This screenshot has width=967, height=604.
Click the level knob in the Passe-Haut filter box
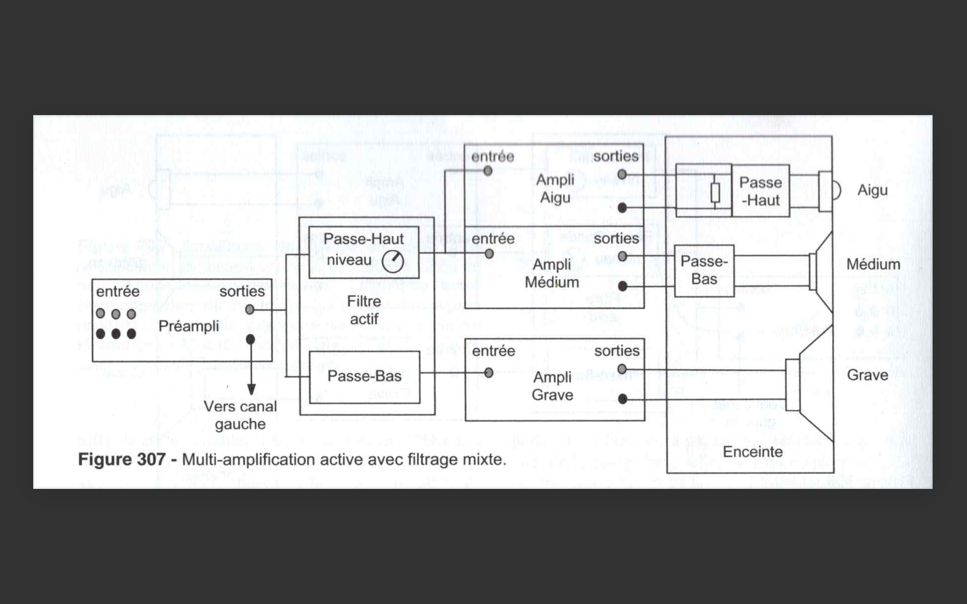(x=393, y=262)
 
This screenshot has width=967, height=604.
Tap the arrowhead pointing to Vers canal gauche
(x=251, y=389)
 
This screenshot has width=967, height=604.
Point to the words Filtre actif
(x=364, y=310)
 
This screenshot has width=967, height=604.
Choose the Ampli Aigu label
(x=555, y=188)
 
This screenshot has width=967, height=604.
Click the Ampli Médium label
(x=552, y=274)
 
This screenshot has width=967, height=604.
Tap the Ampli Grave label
(x=552, y=386)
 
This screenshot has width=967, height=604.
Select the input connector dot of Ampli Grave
(x=488, y=373)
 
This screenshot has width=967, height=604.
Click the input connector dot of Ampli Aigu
(x=488, y=171)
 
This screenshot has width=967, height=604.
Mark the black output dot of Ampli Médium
(x=622, y=286)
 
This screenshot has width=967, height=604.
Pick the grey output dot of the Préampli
(x=250, y=310)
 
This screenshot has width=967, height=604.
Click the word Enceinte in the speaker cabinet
(x=753, y=452)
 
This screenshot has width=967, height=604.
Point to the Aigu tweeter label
(x=872, y=191)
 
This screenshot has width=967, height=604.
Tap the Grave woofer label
(x=868, y=375)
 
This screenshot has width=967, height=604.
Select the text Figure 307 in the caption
(x=122, y=459)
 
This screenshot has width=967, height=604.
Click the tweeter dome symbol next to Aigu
(x=837, y=191)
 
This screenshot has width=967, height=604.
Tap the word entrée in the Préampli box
(x=118, y=291)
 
